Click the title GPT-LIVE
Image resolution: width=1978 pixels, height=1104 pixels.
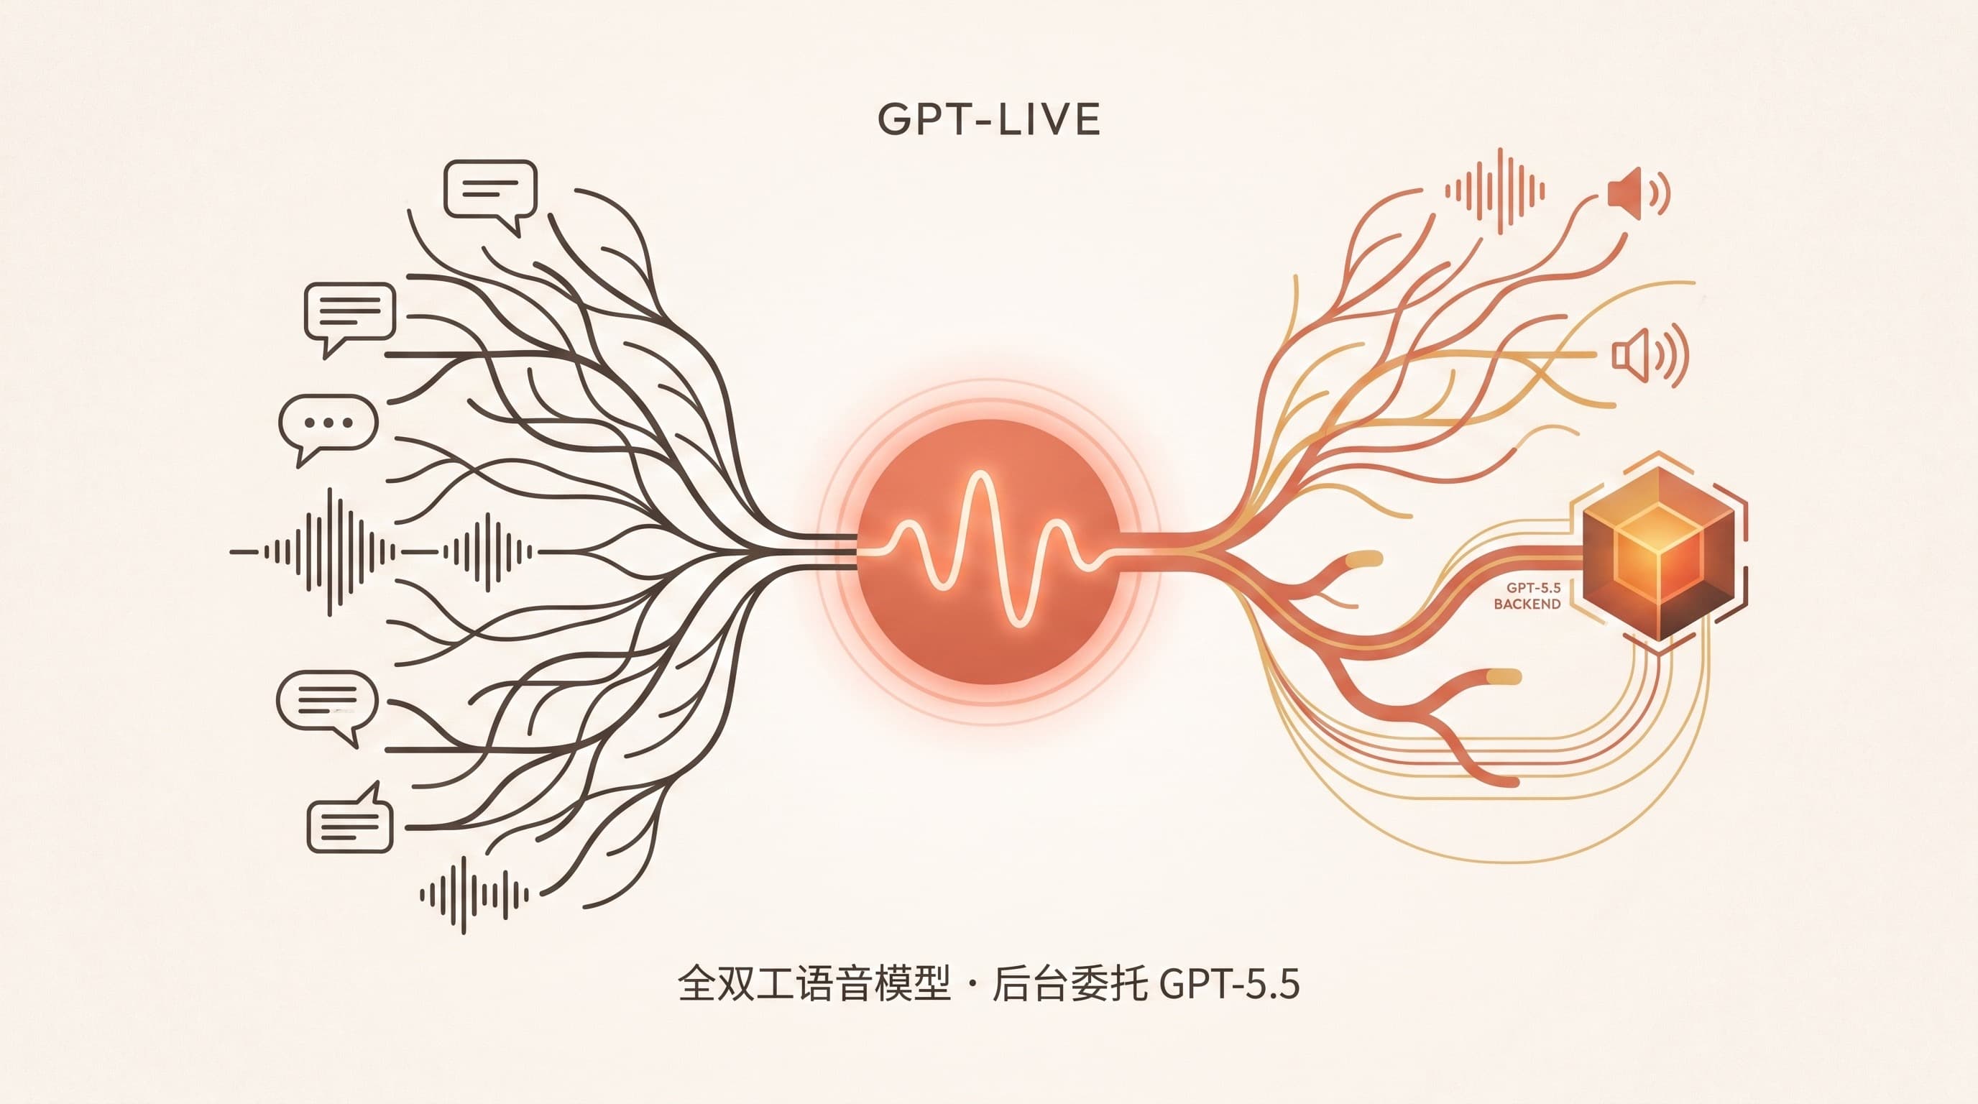[989, 119]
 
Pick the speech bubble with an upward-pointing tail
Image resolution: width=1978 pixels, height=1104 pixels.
[349, 818]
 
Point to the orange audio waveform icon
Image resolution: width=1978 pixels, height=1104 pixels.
[1494, 191]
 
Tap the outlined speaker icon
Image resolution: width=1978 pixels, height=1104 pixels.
[1650, 354]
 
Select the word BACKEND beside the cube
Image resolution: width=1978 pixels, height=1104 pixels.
[1527, 604]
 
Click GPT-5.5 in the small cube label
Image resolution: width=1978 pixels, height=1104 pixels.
[1532, 587]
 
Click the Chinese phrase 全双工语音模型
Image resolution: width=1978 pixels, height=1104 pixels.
[814, 984]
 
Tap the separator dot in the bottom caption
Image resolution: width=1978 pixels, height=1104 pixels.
[971, 985]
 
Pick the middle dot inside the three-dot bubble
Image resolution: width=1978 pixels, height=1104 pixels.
[328, 422]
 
